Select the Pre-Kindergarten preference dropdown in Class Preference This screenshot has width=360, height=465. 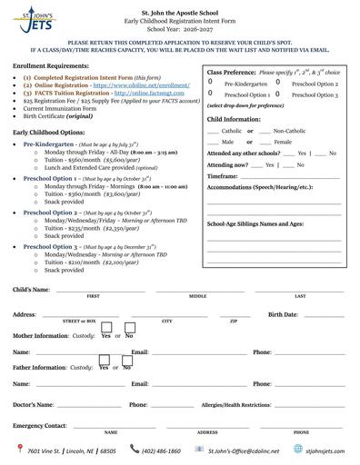point(211,83)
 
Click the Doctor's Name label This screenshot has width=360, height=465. point(34,404)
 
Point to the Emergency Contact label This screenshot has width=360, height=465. point(39,425)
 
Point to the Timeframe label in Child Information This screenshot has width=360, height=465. point(223,176)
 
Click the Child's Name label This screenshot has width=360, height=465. point(32,289)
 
